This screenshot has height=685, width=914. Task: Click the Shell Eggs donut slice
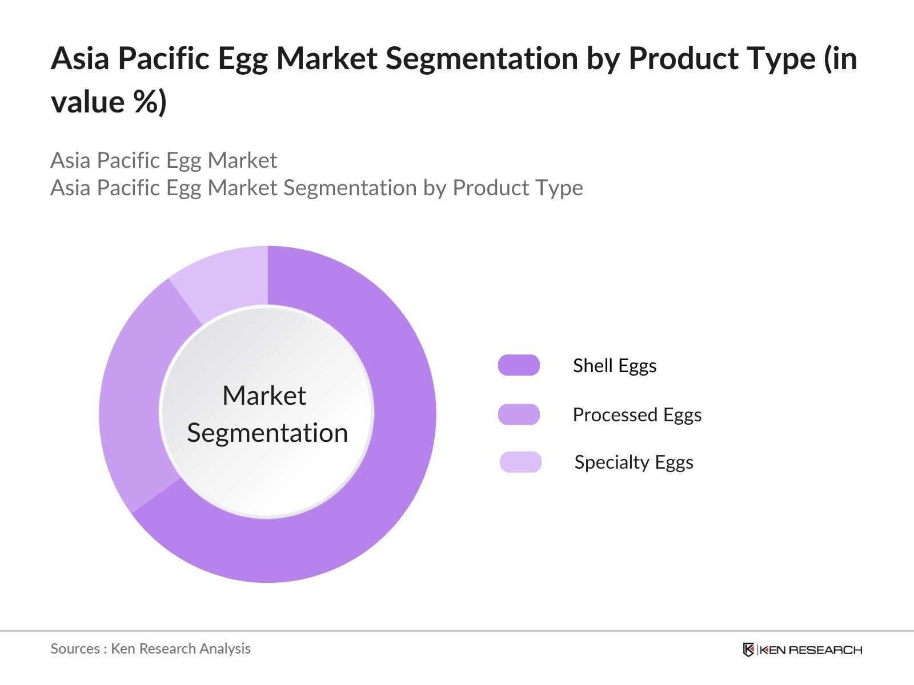point(388,457)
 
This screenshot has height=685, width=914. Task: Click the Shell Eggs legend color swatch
point(519,365)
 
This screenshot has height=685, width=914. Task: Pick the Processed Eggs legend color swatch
point(519,414)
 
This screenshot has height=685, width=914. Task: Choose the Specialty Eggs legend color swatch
point(520,462)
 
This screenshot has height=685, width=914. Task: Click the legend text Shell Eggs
point(615,365)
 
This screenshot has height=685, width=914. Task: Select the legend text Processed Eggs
point(637,414)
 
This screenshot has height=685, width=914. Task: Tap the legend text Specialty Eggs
point(634,462)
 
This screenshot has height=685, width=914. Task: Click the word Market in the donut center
point(264,395)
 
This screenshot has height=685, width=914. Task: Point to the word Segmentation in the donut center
point(267,433)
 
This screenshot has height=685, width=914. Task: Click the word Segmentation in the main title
point(482,58)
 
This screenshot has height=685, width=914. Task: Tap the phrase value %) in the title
point(109,102)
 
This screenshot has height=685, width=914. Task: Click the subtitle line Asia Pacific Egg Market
point(163,160)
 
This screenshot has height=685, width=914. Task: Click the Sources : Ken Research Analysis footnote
point(150,648)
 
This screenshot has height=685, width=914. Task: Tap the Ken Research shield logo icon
point(748,650)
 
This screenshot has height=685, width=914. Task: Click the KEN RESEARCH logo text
point(810,650)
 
